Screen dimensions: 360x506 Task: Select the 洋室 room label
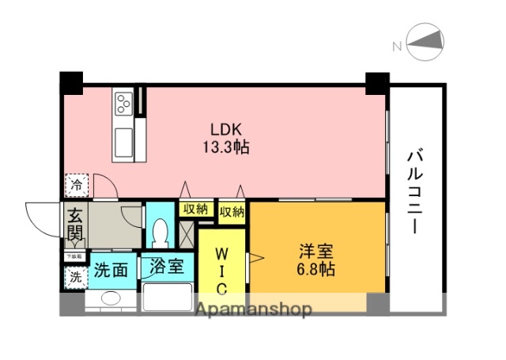pos(316,252)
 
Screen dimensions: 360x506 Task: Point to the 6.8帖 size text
pos(316,270)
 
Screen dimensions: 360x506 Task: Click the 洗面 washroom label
pos(111,269)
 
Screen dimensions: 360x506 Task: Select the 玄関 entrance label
pos(74,223)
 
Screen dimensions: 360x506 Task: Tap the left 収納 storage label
pos(194,210)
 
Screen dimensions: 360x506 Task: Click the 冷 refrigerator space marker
pos(76,185)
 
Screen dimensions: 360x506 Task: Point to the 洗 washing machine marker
pos(75,278)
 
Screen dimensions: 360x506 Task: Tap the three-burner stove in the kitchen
pos(124,103)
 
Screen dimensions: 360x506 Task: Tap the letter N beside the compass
pos(397,47)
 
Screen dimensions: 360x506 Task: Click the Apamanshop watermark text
pos(254,309)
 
